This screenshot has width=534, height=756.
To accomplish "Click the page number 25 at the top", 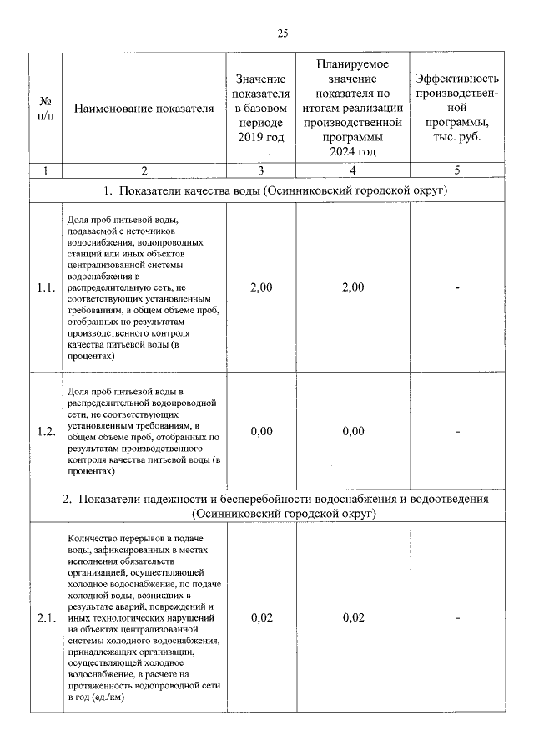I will tap(282, 33).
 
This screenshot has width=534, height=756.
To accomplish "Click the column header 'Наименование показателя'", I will tap(144, 108).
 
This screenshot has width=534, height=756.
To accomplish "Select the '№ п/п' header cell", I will tap(45, 108).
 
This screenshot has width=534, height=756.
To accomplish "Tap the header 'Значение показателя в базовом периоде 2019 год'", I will tap(261, 108).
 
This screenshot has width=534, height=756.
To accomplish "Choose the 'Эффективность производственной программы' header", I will tap(457, 108).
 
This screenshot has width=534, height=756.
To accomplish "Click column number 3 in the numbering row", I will tap(261, 170).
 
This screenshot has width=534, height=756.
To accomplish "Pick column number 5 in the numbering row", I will tap(457, 170).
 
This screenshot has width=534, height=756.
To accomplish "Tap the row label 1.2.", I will tap(46, 431).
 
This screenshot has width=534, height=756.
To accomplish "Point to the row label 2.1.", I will tap(46, 618).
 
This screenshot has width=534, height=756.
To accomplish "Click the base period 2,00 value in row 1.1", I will tap(261, 287).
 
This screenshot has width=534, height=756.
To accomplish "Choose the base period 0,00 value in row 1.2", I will tap(261, 431).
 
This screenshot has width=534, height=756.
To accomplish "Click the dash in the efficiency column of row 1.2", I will tap(457, 431).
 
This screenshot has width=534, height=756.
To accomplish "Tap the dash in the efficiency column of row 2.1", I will tap(457, 618).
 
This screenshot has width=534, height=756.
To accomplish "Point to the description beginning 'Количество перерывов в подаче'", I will tap(144, 618).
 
